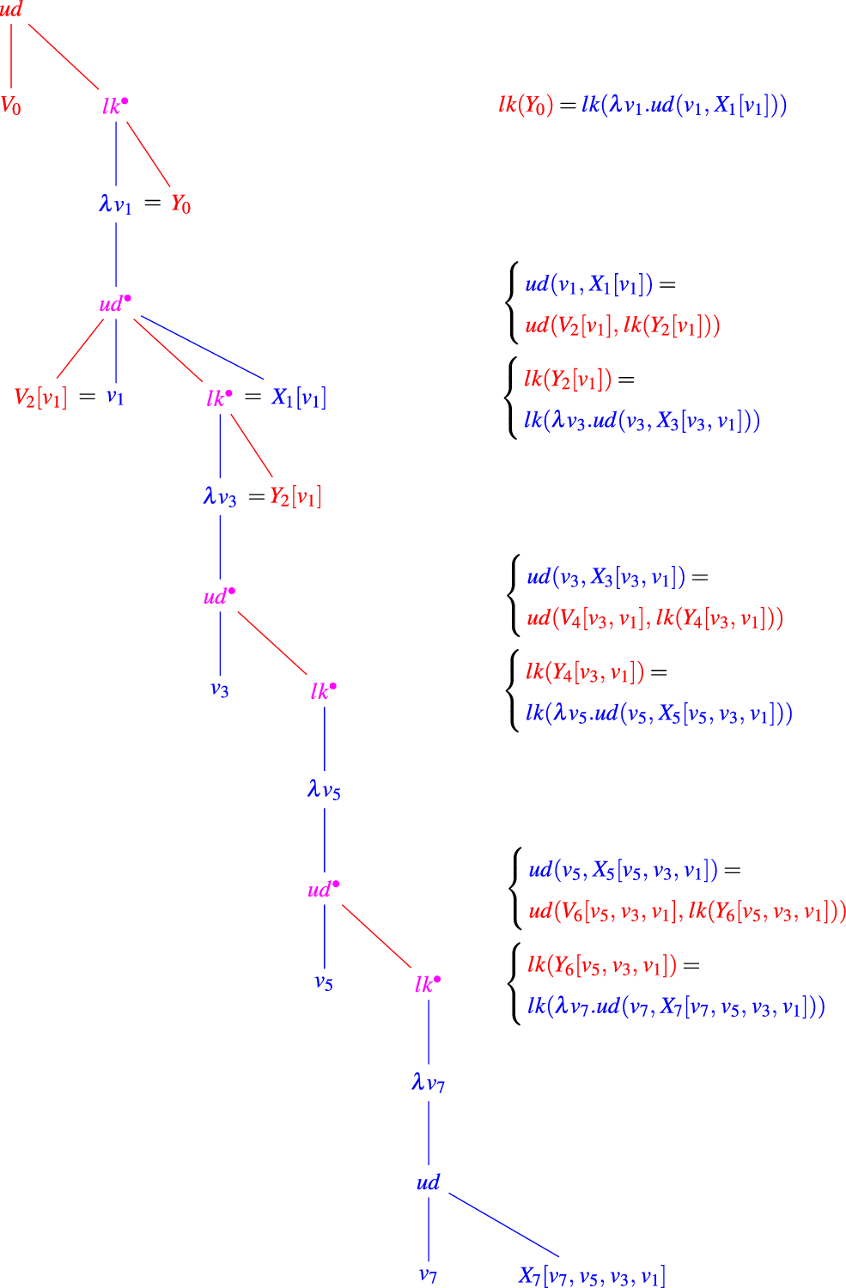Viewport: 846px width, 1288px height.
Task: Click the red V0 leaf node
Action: (x=11, y=106)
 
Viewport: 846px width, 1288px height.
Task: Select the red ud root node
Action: (x=11, y=10)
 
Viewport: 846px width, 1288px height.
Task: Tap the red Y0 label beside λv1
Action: (x=180, y=204)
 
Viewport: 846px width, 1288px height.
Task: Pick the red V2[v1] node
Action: (x=40, y=398)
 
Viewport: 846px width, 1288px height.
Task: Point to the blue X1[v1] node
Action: (x=299, y=398)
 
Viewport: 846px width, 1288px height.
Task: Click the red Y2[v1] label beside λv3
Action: (x=295, y=496)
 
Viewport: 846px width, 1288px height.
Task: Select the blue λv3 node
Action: (x=220, y=496)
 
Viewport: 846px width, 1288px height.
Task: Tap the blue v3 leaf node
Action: (x=220, y=690)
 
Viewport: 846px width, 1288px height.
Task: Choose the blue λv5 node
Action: (x=324, y=789)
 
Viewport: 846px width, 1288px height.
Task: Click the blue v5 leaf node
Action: (x=324, y=982)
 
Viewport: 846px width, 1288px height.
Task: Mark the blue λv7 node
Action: (x=428, y=1083)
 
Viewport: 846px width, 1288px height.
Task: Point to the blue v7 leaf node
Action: (x=428, y=1275)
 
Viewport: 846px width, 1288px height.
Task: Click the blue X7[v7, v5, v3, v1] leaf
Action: (x=592, y=1276)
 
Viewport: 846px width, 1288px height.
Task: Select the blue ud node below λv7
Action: (x=428, y=1182)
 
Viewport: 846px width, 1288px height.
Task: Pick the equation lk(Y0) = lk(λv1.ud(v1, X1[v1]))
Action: (x=642, y=105)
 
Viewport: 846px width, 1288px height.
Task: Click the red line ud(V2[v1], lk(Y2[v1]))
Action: (x=623, y=325)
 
